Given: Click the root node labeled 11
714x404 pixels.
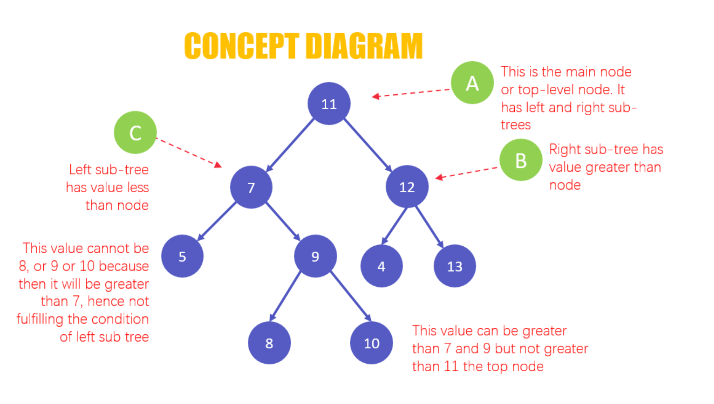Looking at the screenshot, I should [x=329, y=104].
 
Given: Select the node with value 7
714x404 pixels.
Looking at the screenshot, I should [x=251, y=187].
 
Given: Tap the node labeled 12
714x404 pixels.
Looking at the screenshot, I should [x=407, y=187].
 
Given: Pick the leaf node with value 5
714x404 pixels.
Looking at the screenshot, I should [x=182, y=256].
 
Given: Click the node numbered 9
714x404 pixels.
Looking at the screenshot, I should [x=315, y=256].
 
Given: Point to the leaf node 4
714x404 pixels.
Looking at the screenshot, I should [x=381, y=266].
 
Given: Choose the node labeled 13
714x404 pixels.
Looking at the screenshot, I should [x=455, y=266].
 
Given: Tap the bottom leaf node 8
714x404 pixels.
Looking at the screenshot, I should [x=269, y=343].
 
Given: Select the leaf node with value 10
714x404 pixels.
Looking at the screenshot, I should [x=371, y=343].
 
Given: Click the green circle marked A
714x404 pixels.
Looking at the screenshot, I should [x=472, y=83].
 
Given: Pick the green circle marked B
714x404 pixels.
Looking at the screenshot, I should [x=520, y=160].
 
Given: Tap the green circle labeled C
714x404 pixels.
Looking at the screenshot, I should [x=135, y=132].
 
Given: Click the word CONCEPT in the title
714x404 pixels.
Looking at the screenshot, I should [x=241, y=46].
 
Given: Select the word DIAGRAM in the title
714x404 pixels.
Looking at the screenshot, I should [x=363, y=46].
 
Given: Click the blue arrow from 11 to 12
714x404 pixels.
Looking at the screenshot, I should [x=367, y=144].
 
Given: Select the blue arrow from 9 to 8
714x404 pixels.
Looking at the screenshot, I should [x=286, y=296].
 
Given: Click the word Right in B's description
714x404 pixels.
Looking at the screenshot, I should [x=564, y=150].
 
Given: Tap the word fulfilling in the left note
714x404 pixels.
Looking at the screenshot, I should [x=40, y=319].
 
